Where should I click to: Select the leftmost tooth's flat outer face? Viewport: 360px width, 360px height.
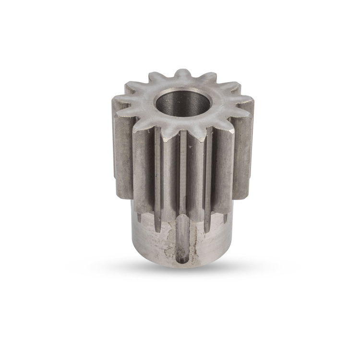(x=120, y=144)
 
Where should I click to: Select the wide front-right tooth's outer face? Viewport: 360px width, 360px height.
(x=222, y=173)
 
